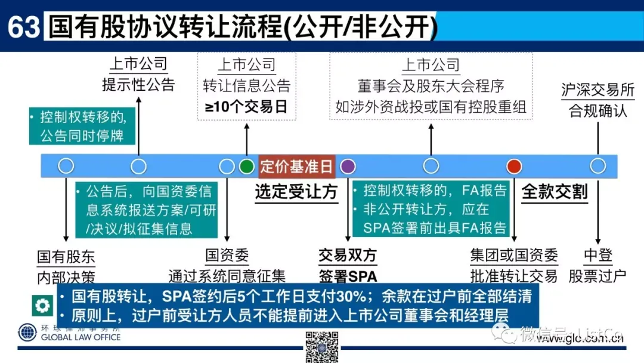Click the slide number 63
pyautogui.click(x=23, y=27)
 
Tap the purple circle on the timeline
pyautogui.click(x=348, y=166)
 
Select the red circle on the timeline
pyautogui.click(x=514, y=166)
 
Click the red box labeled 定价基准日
pyautogui.click(x=296, y=166)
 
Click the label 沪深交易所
pyautogui.click(x=597, y=90)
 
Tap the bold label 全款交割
pyautogui.click(x=555, y=192)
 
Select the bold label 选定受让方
pyautogui.click(x=296, y=192)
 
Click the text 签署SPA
pyautogui.click(x=348, y=276)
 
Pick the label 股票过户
pyautogui.click(x=597, y=276)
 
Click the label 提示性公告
pyautogui.click(x=138, y=84)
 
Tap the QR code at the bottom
pyautogui.click(x=322, y=346)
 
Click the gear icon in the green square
pyautogui.click(x=43, y=306)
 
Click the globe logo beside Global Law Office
pyautogui.click(x=27, y=333)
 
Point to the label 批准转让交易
pyautogui.click(x=514, y=276)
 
